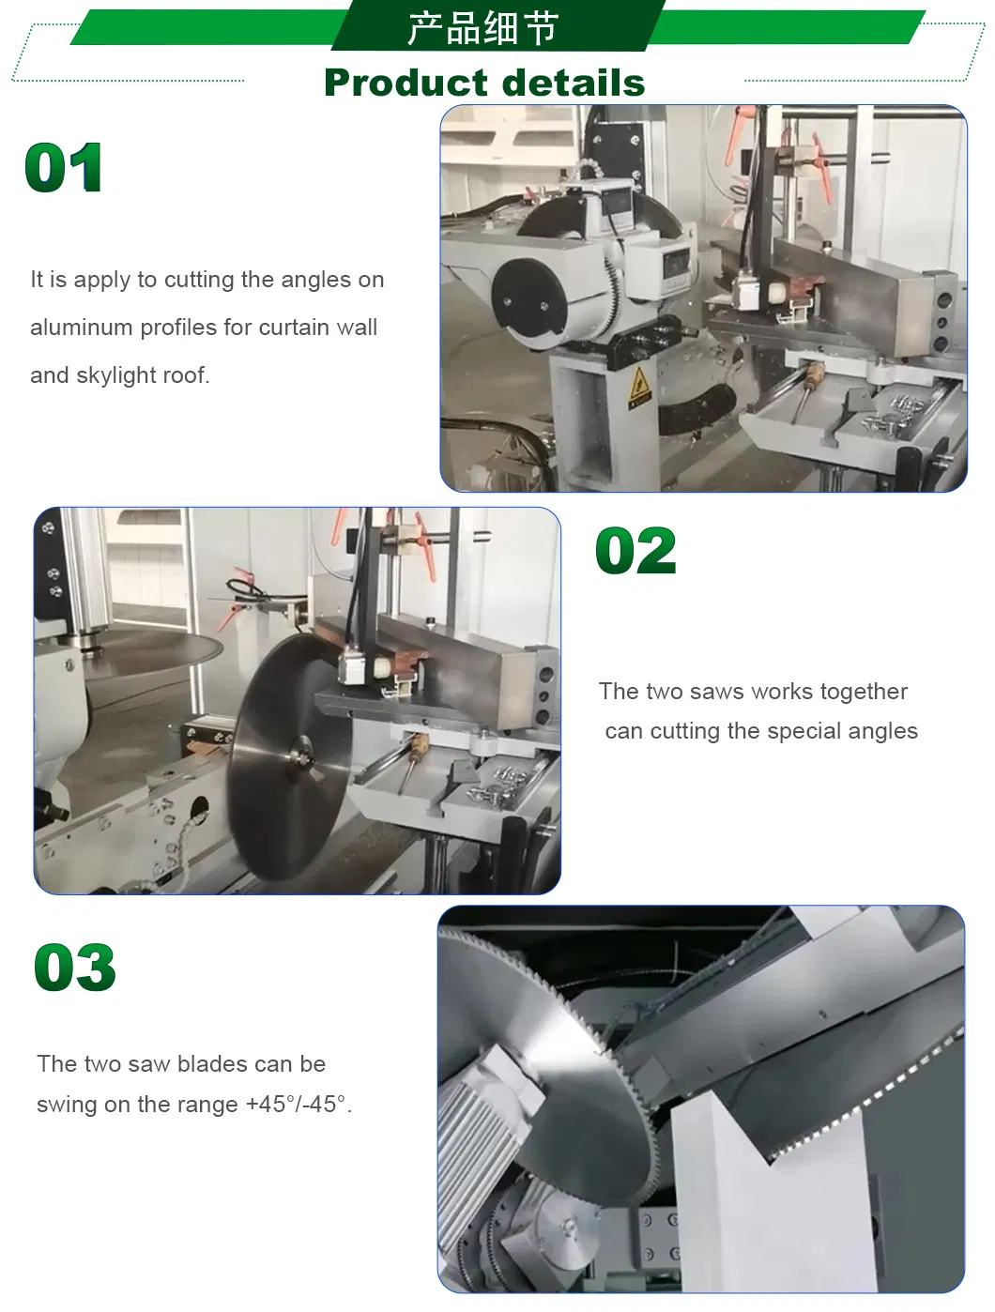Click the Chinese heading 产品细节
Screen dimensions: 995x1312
[482, 27]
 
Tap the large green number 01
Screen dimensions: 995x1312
[63, 167]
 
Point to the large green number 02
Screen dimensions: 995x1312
[635, 550]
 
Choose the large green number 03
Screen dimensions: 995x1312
[75, 968]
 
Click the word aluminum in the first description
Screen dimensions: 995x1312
[82, 328]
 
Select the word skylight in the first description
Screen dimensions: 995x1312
[124, 376]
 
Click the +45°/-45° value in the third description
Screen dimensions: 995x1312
[296, 1104]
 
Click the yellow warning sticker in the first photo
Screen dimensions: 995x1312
[639, 387]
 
